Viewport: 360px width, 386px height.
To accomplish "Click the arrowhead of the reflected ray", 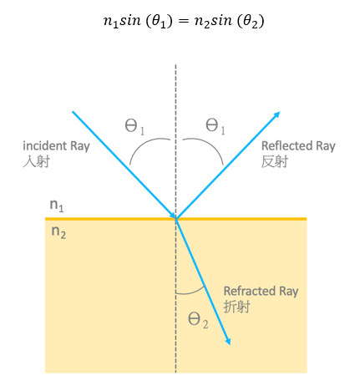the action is coord(277,114).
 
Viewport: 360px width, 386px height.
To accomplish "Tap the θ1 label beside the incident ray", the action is coord(134,127).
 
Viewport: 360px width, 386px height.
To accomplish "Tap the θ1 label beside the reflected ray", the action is coord(215,126).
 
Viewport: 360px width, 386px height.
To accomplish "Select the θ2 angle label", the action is coord(198,320).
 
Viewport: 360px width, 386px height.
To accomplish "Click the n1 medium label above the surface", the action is coord(57,206).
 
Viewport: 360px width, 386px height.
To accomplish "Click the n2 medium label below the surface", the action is coord(58,232).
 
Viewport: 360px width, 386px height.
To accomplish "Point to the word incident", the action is coord(44,145).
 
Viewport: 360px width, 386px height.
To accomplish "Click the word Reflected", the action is coord(286,145).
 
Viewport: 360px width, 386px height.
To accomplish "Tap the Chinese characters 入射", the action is coord(36,161).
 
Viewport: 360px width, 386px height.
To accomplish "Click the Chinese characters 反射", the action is coord(275,161).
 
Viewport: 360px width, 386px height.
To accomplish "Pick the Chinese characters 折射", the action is coord(237,307).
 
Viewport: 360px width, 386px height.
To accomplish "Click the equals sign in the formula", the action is coord(184,21).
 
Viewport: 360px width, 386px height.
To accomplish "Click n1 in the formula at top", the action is coord(111,22).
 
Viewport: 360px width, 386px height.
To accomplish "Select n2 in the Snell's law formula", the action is coord(202,22).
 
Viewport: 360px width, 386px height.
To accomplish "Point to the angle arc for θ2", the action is coord(191,292).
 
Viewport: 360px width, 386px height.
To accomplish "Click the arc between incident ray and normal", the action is coord(145,143).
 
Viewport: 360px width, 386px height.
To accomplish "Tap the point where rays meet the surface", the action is coord(175,219).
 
